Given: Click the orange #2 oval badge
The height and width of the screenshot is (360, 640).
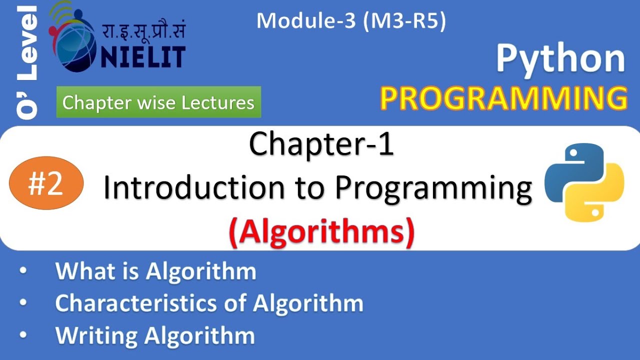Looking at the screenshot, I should tap(46, 183).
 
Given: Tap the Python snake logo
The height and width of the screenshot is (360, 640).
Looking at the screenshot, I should tap(584, 182).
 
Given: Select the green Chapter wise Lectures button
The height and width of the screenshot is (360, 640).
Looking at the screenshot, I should tap(158, 102).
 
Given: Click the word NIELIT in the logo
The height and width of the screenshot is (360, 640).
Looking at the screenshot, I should tap(142, 57).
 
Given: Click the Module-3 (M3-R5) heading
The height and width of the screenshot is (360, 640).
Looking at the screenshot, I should tap(350, 21).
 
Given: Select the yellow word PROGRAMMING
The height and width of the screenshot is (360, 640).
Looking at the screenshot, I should tap(503, 98).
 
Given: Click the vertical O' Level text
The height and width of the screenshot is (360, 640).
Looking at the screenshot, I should tap(27, 62).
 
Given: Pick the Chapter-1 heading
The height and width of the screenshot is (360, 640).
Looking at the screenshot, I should tap(321, 145).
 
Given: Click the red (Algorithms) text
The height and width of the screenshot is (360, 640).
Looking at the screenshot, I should tap(321, 232).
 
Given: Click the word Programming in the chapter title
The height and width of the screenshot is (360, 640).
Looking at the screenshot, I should tap(433, 189).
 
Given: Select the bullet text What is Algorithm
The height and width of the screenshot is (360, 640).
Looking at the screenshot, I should tap(155, 271).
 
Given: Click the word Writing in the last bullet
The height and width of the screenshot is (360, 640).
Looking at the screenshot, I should tap(96, 335).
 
